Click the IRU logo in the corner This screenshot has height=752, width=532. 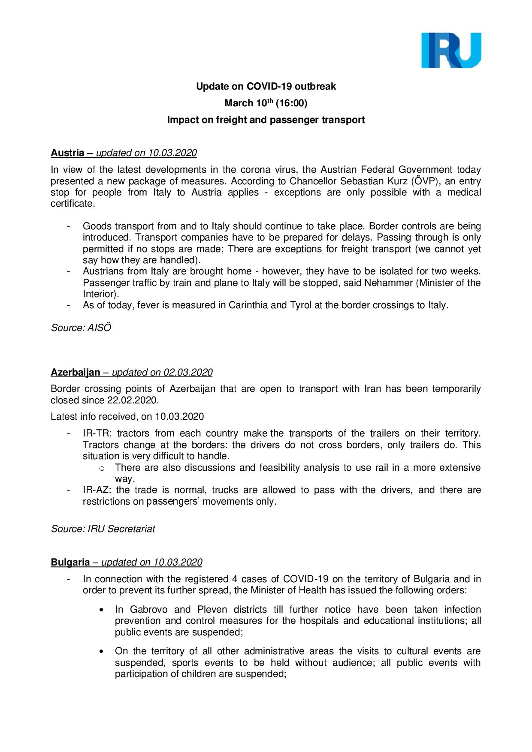tap(451, 50)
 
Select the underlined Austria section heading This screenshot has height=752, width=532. tap(67, 153)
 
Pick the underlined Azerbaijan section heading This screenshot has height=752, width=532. tap(76, 373)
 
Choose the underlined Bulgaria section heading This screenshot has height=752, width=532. tap(70, 562)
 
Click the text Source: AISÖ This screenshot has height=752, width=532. tap(81, 328)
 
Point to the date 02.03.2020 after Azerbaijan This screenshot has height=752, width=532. tap(188, 373)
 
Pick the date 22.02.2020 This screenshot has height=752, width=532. tap(133, 400)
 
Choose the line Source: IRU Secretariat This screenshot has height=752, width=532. tap(103, 529)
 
